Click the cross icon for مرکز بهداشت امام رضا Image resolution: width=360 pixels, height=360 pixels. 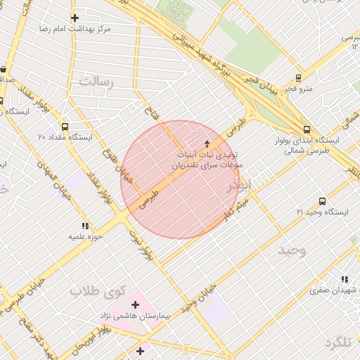pos(75,18)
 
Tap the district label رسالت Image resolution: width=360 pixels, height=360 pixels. pos(96,81)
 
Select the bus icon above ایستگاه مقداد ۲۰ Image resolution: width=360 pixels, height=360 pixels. pos(65,127)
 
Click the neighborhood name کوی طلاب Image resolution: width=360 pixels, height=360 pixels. pos(98,290)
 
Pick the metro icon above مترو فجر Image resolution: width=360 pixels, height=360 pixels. pos(300,78)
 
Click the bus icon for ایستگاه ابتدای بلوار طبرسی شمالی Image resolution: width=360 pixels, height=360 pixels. pos(307,129)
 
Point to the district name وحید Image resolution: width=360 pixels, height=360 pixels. pos(292,251)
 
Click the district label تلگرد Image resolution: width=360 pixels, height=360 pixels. pos(337,342)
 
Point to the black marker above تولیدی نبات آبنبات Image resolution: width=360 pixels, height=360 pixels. pos(207,143)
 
